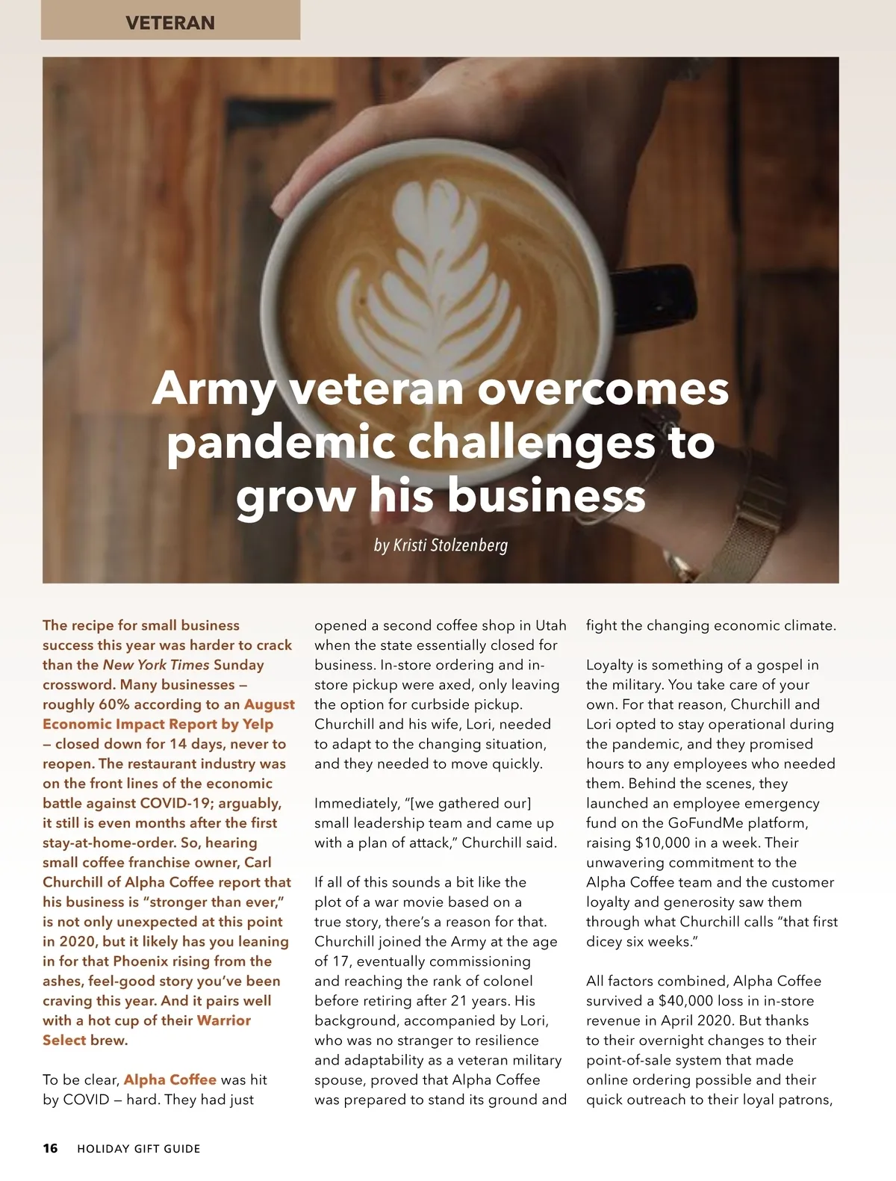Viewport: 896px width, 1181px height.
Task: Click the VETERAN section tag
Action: tap(170, 22)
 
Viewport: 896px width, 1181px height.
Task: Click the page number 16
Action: tap(50, 1148)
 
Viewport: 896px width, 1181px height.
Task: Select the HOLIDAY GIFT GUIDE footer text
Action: tap(139, 1148)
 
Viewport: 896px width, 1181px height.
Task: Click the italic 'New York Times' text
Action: tap(156, 665)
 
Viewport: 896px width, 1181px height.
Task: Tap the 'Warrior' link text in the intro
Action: tap(223, 1020)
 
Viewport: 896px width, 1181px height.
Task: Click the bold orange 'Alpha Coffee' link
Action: tap(169, 1079)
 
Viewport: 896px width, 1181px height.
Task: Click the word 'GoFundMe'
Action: tap(712, 823)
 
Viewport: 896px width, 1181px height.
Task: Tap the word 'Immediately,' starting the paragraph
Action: tap(356, 803)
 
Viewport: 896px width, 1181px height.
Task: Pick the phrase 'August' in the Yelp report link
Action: tap(269, 704)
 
